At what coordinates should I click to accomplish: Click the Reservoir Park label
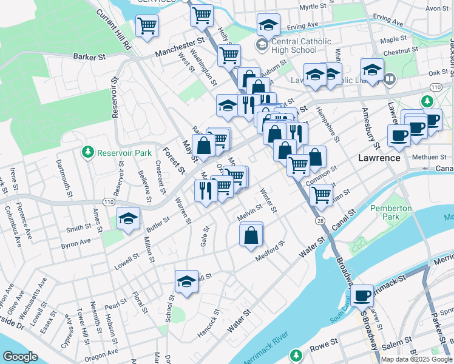pos(124,153)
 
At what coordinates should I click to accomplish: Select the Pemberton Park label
pos(391,213)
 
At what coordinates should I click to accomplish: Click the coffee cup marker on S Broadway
pos(362,295)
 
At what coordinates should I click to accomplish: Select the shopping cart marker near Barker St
pos(147,26)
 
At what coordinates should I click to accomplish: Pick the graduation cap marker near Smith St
pos(128,219)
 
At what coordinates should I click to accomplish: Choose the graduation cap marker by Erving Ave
pos(268,25)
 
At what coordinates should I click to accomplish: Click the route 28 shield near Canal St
pos(320,221)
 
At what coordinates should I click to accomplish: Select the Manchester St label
pos(180,48)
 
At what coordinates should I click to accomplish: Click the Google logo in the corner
pos(20,357)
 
